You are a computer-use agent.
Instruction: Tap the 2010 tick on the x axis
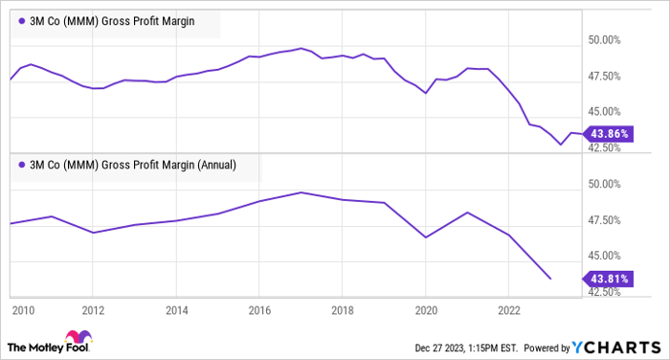point(23,310)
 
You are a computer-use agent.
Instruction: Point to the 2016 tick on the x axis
point(259,310)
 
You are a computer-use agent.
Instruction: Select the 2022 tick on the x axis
point(507,310)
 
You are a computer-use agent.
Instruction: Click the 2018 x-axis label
point(343,310)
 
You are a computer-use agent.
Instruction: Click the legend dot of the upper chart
point(22,20)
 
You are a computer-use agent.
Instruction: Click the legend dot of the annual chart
point(22,164)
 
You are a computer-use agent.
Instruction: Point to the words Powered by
point(544,347)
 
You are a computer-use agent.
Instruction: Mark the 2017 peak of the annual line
point(301,192)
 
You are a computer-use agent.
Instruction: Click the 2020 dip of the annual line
point(426,236)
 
